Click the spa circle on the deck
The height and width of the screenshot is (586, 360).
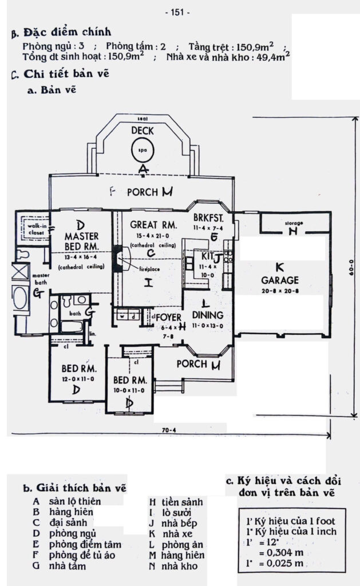click(143, 151)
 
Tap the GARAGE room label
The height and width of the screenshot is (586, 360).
click(280, 280)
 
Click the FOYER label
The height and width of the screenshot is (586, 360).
click(169, 317)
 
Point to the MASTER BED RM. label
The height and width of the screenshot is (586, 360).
click(81, 241)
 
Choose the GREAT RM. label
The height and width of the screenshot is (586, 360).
click(153, 224)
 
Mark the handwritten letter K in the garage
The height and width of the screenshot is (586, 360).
click(279, 267)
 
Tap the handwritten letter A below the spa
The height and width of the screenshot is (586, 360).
click(143, 168)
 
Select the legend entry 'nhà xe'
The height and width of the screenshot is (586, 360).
click(179, 534)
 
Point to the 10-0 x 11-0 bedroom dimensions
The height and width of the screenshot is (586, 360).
click(131, 390)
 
